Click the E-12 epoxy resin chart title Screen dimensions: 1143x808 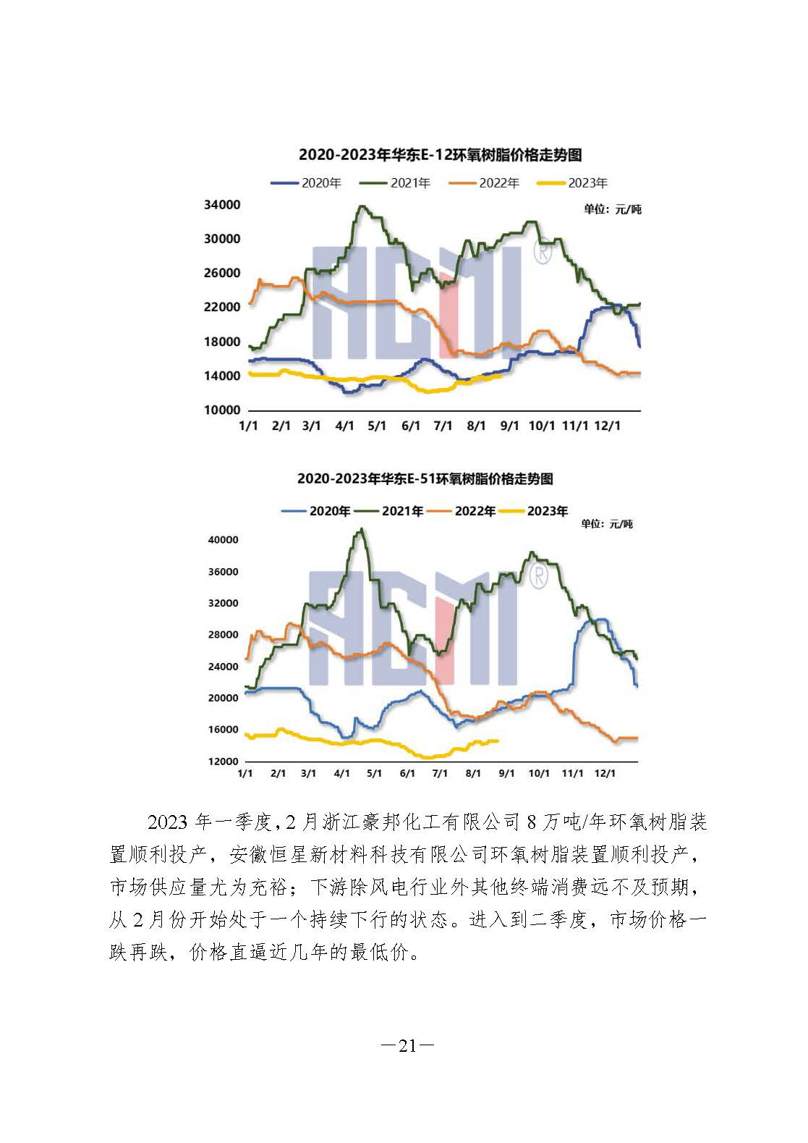coord(440,155)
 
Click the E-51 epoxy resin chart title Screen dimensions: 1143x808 coord(425,479)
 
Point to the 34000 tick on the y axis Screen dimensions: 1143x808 coord(222,206)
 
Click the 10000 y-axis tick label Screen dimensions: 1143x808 coord(222,410)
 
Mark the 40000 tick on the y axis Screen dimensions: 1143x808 coord(223,540)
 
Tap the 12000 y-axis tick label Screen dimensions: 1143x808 coord(223,762)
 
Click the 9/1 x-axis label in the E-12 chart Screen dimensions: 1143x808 coord(509,426)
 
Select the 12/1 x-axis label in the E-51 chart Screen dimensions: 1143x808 coord(605,773)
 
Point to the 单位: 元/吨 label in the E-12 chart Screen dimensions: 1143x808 coord(612,210)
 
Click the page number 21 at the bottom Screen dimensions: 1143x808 coord(407,1045)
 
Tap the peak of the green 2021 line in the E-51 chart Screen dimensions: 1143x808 coord(362,529)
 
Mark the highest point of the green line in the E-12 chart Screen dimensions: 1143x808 coord(362,206)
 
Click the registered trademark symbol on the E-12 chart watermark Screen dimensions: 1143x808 coord(543,253)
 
